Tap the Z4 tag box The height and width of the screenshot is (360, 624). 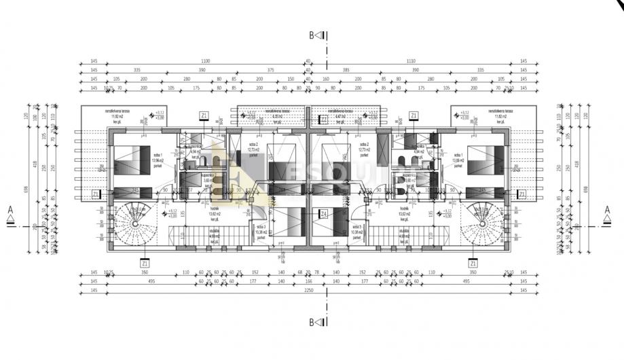324,214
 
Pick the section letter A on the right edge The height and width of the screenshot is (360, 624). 608,211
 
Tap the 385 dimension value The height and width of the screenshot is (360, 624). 345,70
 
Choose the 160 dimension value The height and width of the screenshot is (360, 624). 325,79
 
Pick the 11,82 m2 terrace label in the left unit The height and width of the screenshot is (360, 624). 107,116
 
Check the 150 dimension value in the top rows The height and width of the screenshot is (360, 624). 291,79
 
